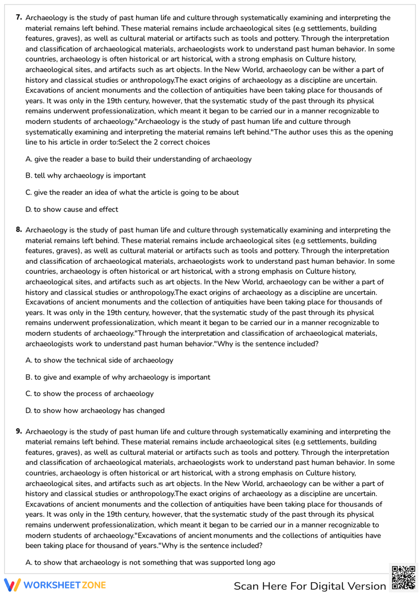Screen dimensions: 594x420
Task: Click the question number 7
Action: coord(19,17)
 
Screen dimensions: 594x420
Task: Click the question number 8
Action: coord(19,229)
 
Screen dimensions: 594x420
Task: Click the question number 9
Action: coord(19,431)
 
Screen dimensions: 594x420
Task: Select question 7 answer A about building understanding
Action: coord(138,159)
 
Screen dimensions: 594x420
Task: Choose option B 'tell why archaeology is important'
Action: coord(85,176)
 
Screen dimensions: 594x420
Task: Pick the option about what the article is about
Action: coord(132,192)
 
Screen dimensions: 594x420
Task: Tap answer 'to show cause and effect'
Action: coord(71,209)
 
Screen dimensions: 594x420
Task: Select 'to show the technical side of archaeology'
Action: coord(99,360)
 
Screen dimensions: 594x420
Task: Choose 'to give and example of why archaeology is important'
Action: coord(118,377)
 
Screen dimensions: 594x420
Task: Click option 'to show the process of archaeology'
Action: coord(89,394)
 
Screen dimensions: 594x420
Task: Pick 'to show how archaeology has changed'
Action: coord(95,410)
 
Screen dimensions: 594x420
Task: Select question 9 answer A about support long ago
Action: coord(150,562)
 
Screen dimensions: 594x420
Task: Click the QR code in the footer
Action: coord(403,578)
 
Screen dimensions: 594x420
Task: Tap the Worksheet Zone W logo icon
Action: coord(12,585)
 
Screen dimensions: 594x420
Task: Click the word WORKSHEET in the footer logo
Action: coord(52,585)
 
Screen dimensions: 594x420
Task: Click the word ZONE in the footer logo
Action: coord(94,585)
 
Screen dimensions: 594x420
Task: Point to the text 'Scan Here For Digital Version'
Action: coord(310,586)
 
